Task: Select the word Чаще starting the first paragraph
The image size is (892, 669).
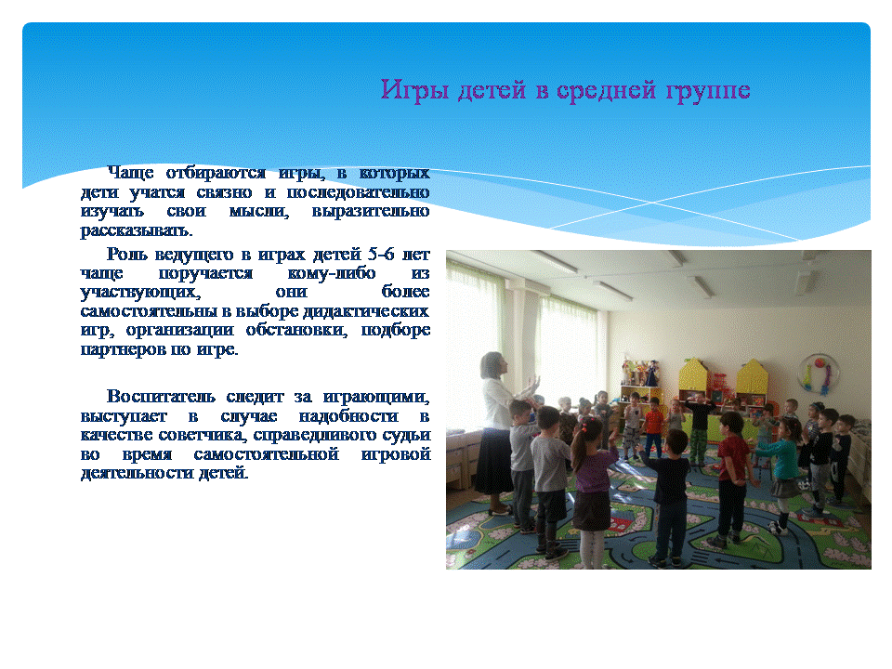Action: point(130,173)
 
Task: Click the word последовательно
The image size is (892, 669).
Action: point(358,192)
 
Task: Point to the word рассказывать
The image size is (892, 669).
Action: point(137,230)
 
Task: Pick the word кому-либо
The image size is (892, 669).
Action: point(332,273)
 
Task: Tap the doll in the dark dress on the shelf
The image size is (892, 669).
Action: point(650,373)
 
